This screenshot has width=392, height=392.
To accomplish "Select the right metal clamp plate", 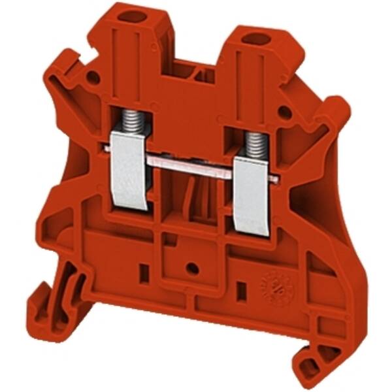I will (252, 196).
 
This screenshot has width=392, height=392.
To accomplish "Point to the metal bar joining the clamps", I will (189, 168).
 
